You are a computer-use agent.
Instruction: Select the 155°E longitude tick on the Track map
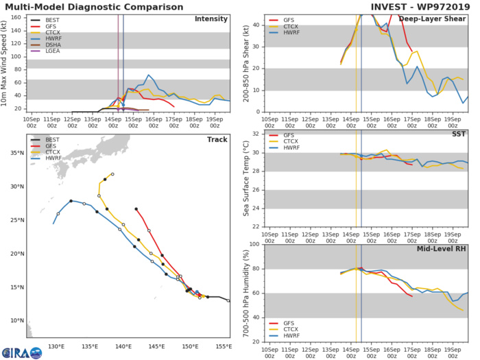[x=223, y=346]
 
